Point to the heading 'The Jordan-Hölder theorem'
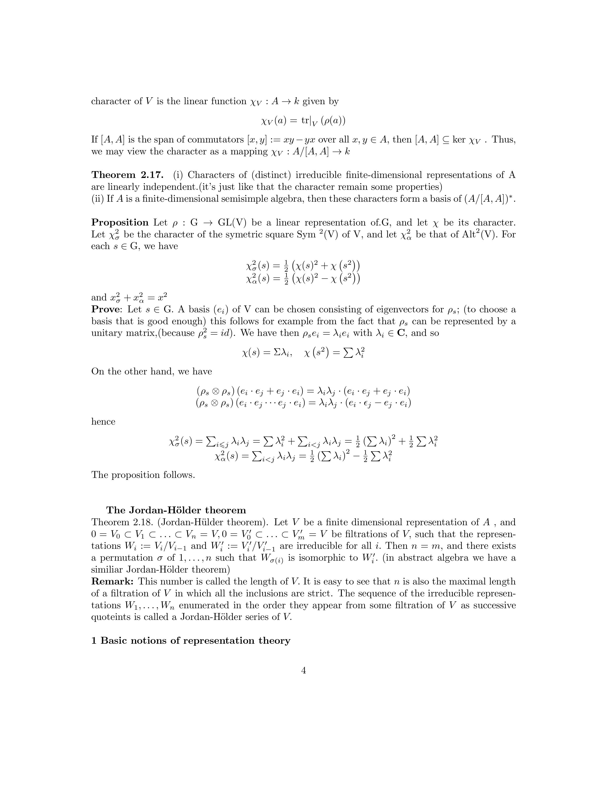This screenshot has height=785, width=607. (x=176, y=510)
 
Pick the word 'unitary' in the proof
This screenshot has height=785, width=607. (x=106, y=333)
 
